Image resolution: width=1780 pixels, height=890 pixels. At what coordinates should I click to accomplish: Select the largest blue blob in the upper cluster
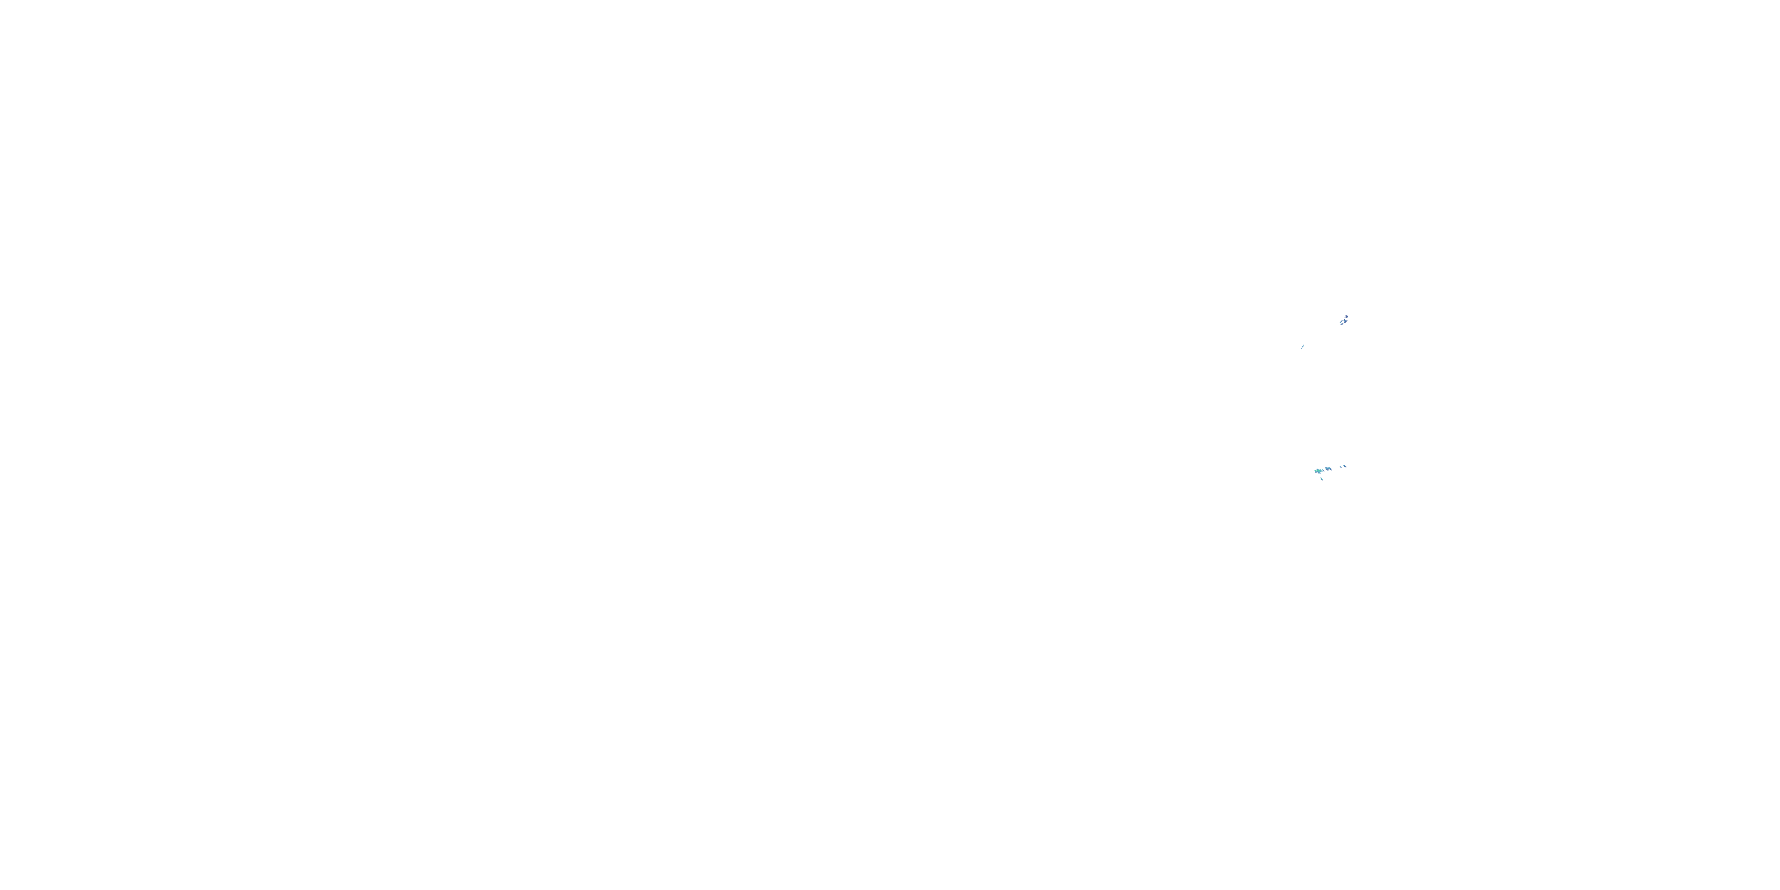click(x=1345, y=322)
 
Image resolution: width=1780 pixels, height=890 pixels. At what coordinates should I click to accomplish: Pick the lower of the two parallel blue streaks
click(x=1342, y=324)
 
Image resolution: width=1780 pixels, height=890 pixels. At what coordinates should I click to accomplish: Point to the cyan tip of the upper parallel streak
click(x=1340, y=323)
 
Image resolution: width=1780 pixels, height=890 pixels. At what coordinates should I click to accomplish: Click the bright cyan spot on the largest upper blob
click(x=1344, y=323)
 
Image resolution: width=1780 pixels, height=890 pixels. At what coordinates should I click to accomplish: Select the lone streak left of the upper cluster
click(x=1303, y=346)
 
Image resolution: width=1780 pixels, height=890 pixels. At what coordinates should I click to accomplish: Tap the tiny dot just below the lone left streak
click(x=1302, y=349)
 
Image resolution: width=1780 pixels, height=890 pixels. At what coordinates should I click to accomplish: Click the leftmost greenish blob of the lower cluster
click(x=1315, y=471)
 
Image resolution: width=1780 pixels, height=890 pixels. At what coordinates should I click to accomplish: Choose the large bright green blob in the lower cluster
click(x=1319, y=471)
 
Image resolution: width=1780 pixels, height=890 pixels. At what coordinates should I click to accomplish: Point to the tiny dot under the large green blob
click(x=1321, y=474)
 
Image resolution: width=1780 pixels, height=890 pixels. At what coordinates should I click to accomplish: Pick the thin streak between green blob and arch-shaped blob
click(x=1323, y=471)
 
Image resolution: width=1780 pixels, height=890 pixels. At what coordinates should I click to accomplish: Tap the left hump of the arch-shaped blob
click(x=1326, y=468)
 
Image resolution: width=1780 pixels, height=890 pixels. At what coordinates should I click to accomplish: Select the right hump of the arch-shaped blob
click(x=1330, y=468)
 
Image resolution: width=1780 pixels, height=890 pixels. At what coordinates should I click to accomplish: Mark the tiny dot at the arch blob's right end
click(x=1332, y=471)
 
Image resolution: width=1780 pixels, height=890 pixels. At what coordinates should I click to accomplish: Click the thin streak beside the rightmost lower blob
click(x=1340, y=467)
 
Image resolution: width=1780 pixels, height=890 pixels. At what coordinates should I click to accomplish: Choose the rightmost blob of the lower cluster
click(x=1345, y=466)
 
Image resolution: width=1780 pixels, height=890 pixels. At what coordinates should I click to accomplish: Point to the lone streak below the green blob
click(x=1322, y=479)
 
